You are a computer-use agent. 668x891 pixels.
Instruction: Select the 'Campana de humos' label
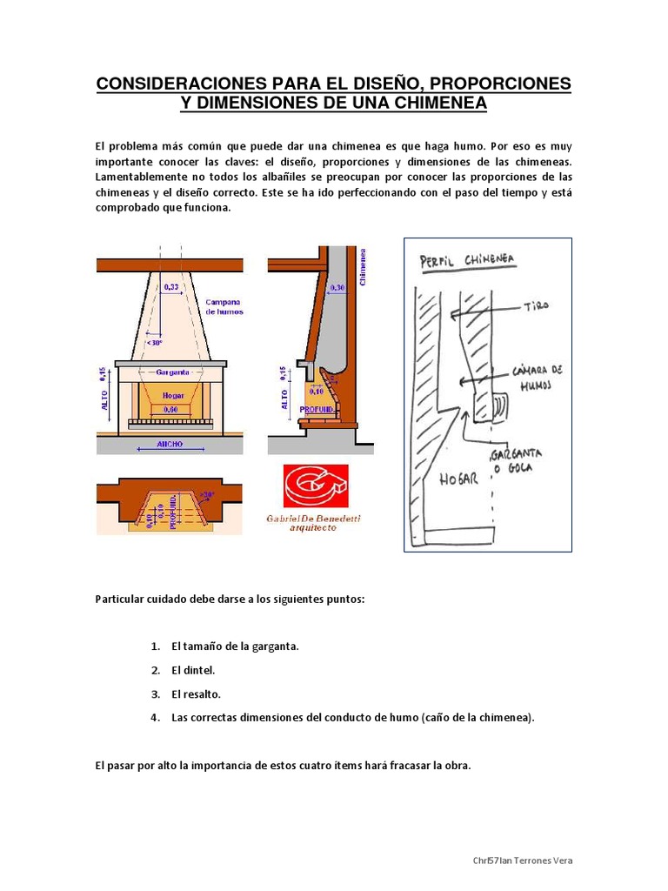(x=224, y=306)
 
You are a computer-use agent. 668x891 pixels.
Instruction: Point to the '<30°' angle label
(x=155, y=344)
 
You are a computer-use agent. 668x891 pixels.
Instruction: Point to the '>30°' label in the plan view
(x=206, y=495)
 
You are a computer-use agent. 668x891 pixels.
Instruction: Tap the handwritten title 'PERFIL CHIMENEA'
(x=467, y=260)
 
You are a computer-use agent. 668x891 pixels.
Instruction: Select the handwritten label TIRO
(x=538, y=306)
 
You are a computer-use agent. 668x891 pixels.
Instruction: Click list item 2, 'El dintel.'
(x=193, y=670)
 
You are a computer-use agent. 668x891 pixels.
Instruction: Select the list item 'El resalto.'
(x=196, y=694)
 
